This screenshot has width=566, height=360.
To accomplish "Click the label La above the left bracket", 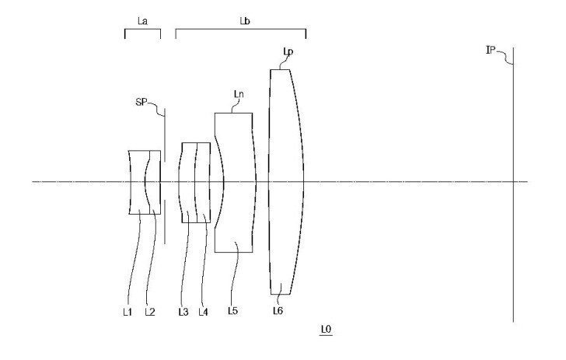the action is tap(142, 21).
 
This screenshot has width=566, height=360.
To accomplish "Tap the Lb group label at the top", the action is tap(245, 21).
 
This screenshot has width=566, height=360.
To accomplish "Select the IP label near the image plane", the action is tap(490, 50).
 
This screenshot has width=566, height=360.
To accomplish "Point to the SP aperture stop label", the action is tap(141, 102).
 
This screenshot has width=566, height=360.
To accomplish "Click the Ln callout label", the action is tap(239, 94).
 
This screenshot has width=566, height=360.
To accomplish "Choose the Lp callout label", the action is tap(288, 52).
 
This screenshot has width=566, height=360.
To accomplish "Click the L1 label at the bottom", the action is tap(127, 312).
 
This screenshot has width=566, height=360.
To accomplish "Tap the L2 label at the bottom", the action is tap(150, 312).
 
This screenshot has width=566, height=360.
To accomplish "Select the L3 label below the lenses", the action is tap(183, 312).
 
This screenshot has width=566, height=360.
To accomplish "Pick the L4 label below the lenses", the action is tap(203, 312).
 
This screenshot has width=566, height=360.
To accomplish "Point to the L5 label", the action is tap(232, 310).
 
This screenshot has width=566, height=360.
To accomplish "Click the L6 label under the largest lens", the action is tap(278, 310).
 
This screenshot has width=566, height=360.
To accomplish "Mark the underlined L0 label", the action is tap(326, 330).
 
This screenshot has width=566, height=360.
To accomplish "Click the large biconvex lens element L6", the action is tap(286, 182).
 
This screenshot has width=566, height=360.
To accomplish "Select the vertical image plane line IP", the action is tap(513, 184).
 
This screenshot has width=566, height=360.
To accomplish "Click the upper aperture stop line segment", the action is tap(165, 135).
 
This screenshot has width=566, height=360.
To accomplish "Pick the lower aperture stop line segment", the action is tap(165, 222).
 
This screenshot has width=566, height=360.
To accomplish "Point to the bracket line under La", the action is tap(142, 30).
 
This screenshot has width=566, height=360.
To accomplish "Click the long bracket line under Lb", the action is tap(241, 30).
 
